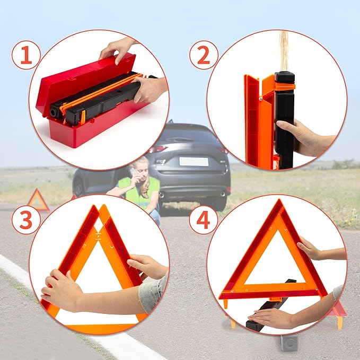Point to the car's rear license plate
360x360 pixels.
(x=192, y=161)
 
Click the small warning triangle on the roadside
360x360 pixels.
(x=38, y=200)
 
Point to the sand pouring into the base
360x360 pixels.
(x=285, y=50)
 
